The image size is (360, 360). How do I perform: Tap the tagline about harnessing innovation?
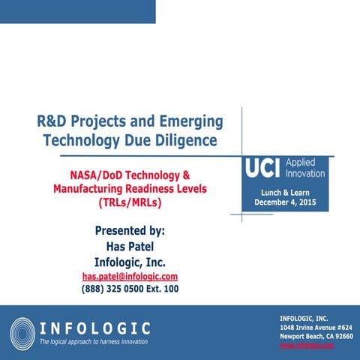tap(94, 342)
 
